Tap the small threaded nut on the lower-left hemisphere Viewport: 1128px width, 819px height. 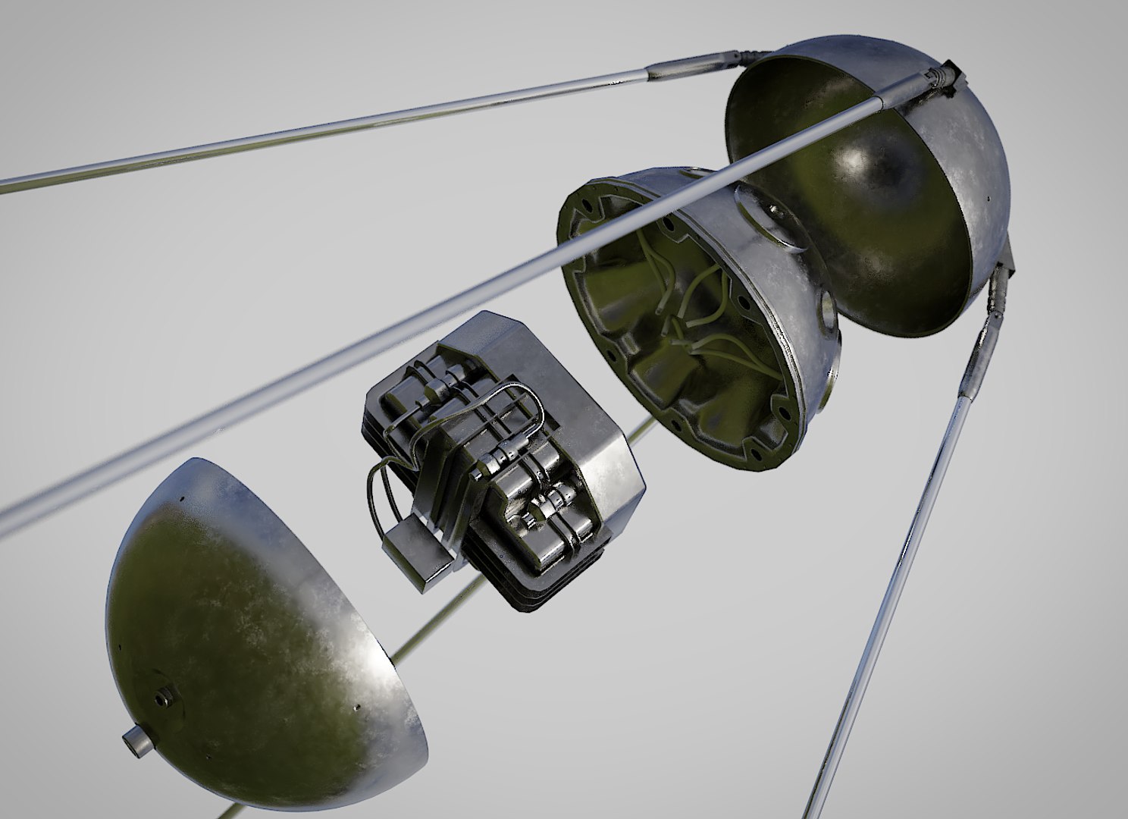[x=161, y=695]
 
